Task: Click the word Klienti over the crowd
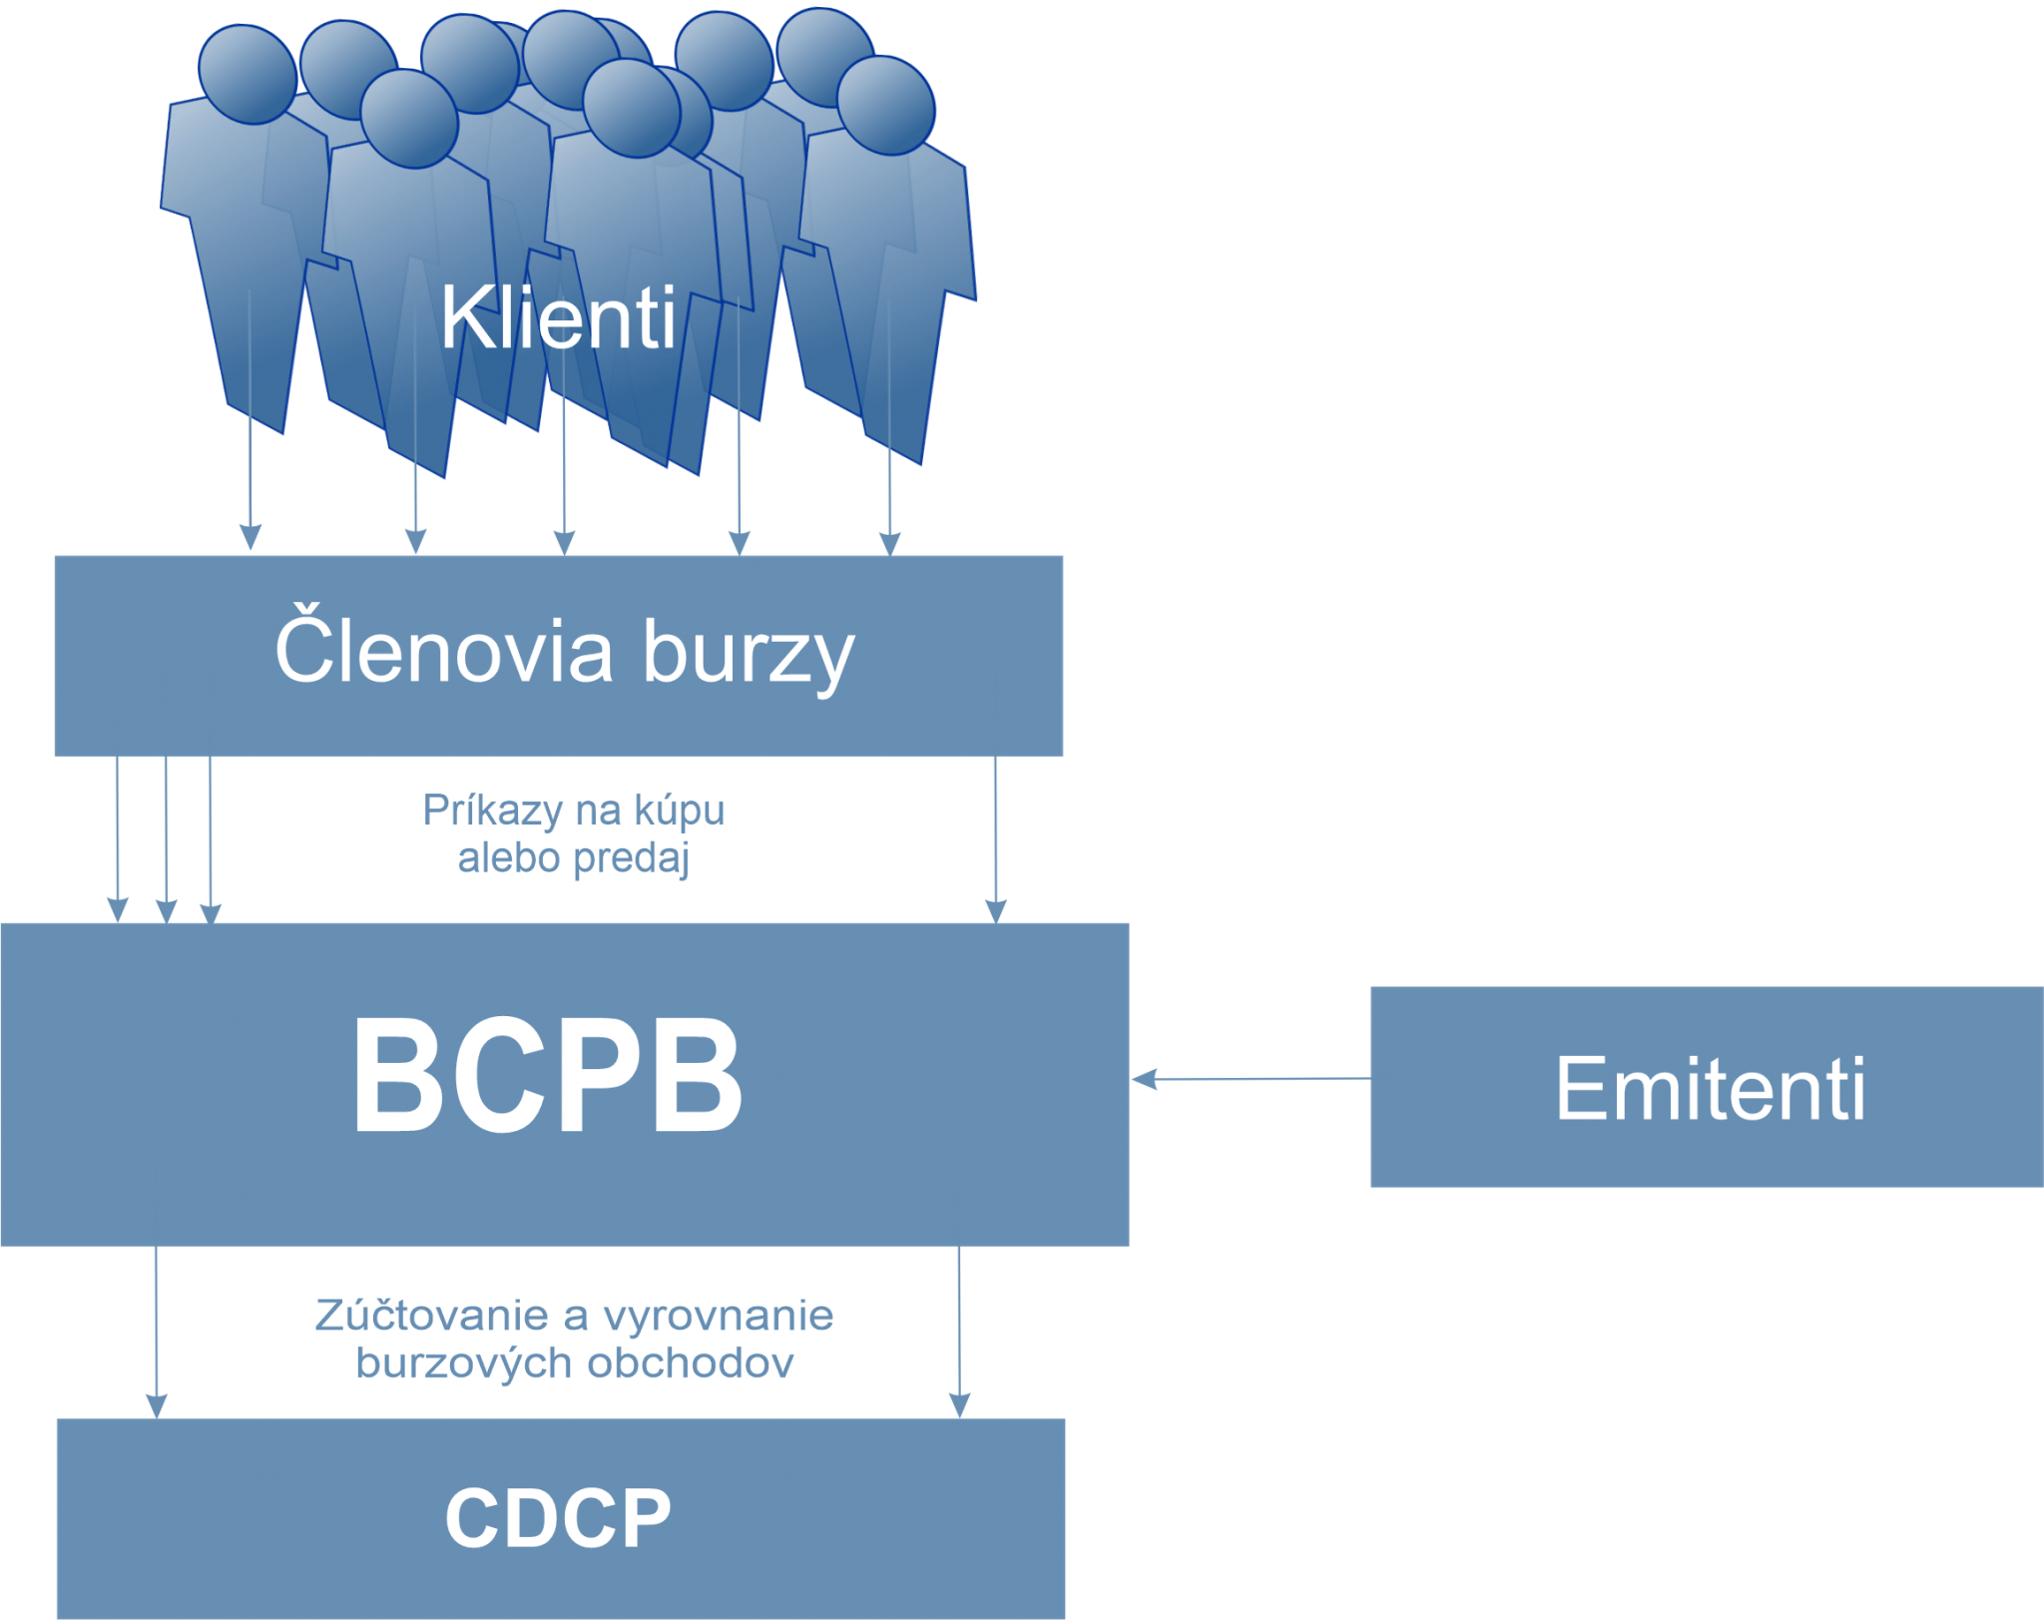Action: pyautogui.click(x=558, y=318)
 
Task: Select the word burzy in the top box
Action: pyautogui.click(x=749, y=655)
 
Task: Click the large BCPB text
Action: pyautogui.click(x=547, y=1076)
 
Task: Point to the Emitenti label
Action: pyautogui.click(x=1710, y=1089)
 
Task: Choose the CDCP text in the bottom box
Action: pyautogui.click(x=558, y=1518)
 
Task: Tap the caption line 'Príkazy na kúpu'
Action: pyautogui.click(x=574, y=810)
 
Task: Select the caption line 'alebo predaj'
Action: pyautogui.click(x=573, y=858)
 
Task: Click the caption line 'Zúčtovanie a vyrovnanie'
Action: pyautogui.click(x=574, y=1316)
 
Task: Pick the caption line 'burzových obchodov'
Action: pyautogui.click(x=574, y=1363)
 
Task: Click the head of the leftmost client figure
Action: pyautogui.click(x=248, y=72)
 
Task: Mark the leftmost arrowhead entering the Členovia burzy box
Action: pyautogui.click(x=251, y=539)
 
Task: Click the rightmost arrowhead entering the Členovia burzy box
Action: pyautogui.click(x=890, y=543)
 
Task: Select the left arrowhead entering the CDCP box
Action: pyautogui.click(x=157, y=1405)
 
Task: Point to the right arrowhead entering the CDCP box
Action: pyautogui.click(x=959, y=1405)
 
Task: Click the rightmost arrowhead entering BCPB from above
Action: pyautogui.click(x=996, y=910)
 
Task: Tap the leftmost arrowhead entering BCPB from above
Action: pyautogui.click(x=118, y=910)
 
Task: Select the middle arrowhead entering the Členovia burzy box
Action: pyautogui.click(x=565, y=543)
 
